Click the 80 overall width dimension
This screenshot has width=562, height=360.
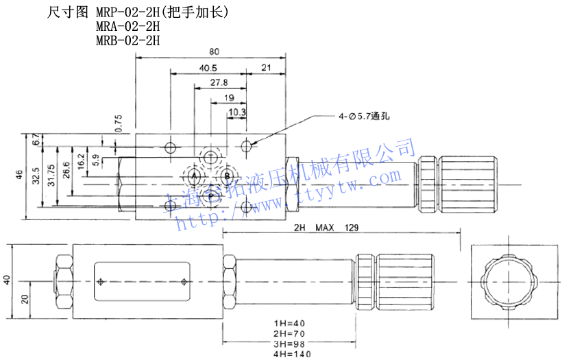tap(214, 52)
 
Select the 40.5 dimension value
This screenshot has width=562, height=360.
tap(208, 68)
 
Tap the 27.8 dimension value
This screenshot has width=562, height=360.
tap(219, 83)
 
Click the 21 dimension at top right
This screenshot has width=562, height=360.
tap(267, 68)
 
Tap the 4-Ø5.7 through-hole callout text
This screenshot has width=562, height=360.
tap(363, 117)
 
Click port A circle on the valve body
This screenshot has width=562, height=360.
tap(193, 178)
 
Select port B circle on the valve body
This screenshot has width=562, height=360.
tap(227, 178)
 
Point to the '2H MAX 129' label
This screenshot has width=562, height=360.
tap(326, 228)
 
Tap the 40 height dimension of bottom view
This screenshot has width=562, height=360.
tap(8, 280)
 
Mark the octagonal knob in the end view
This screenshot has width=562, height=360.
tap(509, 280)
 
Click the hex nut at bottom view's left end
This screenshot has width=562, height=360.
tap(63, 280)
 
